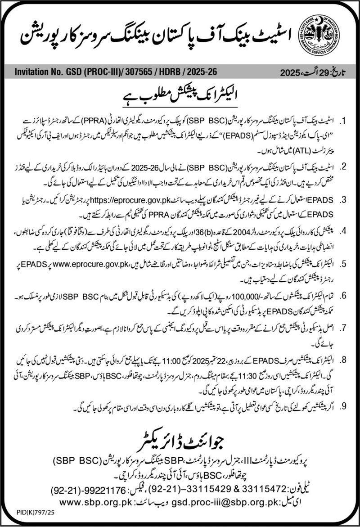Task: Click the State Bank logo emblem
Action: tap(320, 34)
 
